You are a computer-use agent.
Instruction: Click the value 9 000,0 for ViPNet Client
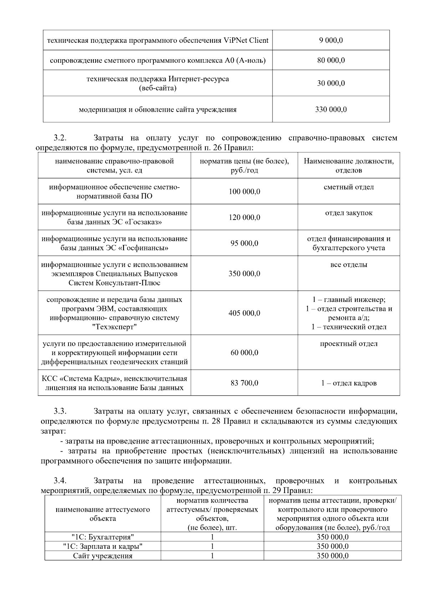point(331,40)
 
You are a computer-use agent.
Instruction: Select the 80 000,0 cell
point(331,60)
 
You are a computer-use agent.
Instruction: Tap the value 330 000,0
point(331,109)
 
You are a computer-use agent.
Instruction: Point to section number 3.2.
point(60,138)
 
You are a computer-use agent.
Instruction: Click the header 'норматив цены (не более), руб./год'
point(244,165)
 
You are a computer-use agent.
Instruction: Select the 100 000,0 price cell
point(244,191)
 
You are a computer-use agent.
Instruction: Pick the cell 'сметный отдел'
point(348,187)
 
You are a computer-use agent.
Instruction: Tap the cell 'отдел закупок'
point(348,213)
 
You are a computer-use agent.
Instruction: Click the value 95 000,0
point(244,243)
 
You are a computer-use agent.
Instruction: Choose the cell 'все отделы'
point(348,265)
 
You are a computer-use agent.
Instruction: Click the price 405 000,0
point(244,313)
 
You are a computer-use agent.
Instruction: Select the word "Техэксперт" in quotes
point(114,327)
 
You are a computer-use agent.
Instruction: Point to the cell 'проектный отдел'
point(348,344)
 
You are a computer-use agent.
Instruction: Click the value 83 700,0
point(244,383)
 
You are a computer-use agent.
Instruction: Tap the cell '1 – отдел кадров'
point(348,383)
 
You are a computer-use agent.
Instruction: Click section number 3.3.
point(60,411)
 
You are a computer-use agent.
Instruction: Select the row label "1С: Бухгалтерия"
point(103,537)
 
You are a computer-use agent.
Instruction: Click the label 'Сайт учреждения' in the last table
point(103,556)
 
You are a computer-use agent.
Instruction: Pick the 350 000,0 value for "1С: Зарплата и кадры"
point(332,546)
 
